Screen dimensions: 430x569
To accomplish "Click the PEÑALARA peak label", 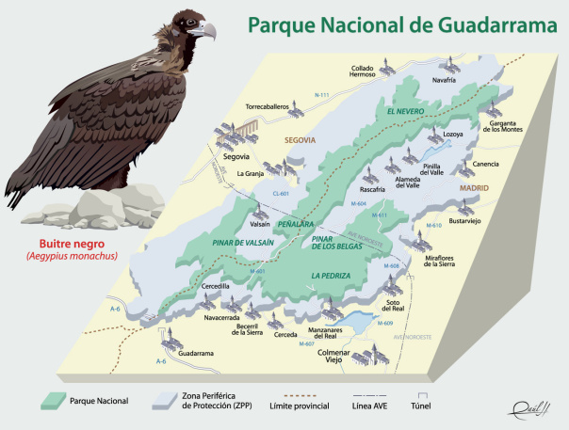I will point(296,226).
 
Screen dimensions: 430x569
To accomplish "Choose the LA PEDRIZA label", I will point(331,275).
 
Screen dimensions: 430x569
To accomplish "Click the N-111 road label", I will point(323,96).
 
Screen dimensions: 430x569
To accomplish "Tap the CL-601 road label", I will point(281,194).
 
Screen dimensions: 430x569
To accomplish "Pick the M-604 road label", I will point(357,204).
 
